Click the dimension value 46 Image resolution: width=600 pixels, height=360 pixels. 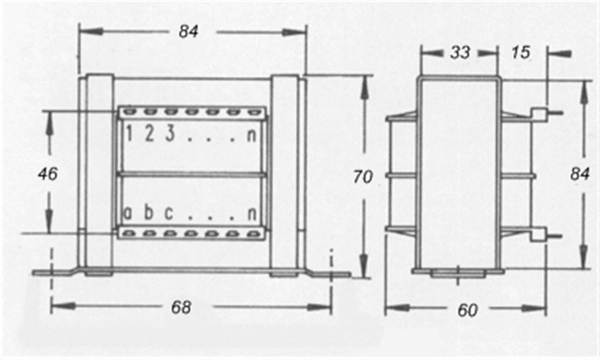click(x=48, y=174)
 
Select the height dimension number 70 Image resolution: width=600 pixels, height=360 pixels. click(x=362, y=176)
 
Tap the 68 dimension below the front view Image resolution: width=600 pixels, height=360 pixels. click(x=181, y=307)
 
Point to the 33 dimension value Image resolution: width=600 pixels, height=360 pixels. click(x=460, y=52)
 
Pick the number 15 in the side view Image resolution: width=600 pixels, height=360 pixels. click(x=521, y=52)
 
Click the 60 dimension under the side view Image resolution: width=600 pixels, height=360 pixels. click(x=467, y=310)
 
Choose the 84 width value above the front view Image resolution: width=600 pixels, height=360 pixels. click(x=188, y=32)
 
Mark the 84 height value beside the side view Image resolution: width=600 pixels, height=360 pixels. click(x=579, y=174)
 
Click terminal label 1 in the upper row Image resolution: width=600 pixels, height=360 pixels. click(x=129, y=134)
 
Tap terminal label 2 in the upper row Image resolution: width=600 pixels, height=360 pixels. click(x=149, y=134)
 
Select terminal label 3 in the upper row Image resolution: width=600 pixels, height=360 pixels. click(x=170, y=134)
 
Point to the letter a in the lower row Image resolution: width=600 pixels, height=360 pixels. click(x=128, y=213)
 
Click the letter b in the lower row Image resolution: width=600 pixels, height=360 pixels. click(x=148, y=212)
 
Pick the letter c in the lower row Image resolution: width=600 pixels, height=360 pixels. click(x=169, y=213)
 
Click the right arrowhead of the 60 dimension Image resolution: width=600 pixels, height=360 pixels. click(x=534, y=308)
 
